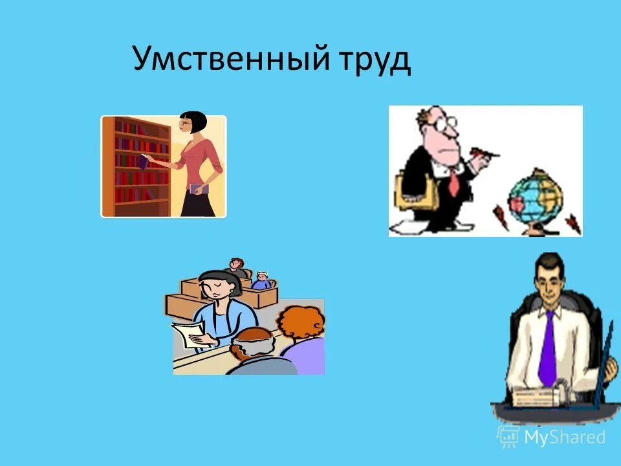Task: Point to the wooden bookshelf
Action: [136, 166]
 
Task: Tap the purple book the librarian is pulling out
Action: [143, 161]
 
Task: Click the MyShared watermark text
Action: [565, 437]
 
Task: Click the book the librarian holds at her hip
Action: [198, 188]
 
